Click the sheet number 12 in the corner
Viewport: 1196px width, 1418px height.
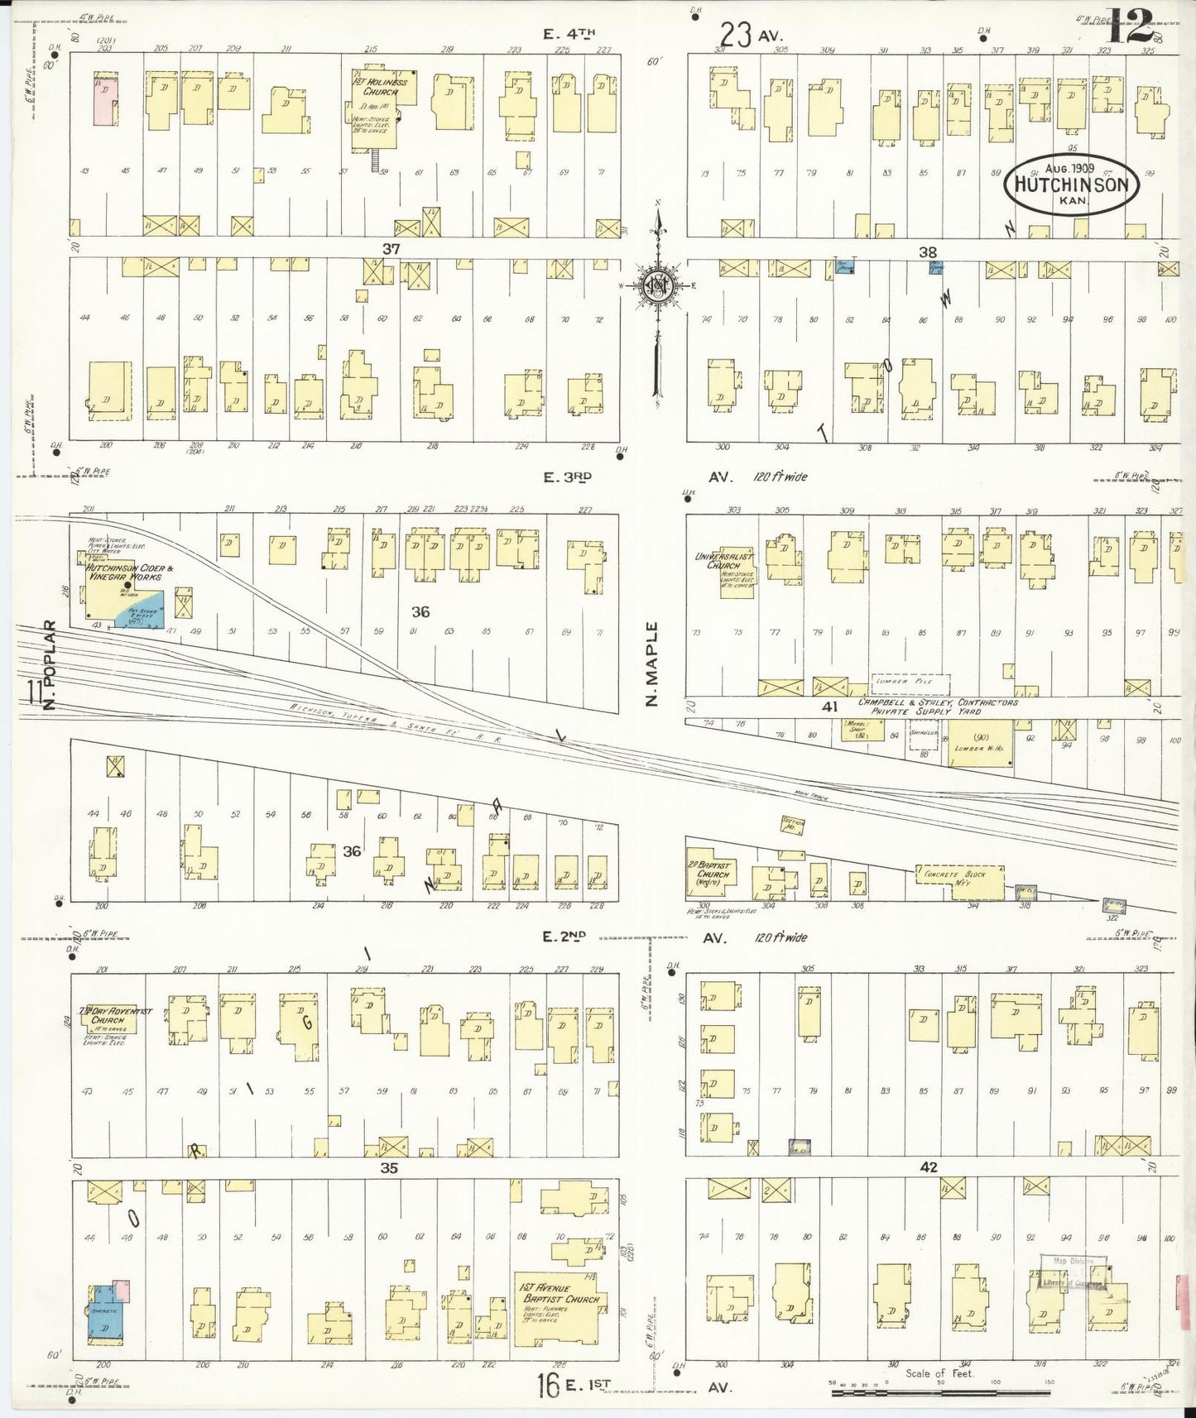(x=1127, y=29)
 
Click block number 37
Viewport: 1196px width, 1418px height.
(x=391, y=248)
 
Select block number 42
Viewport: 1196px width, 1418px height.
(x=928, y=1167)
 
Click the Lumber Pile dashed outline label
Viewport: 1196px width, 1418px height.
(x=910, y=683)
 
